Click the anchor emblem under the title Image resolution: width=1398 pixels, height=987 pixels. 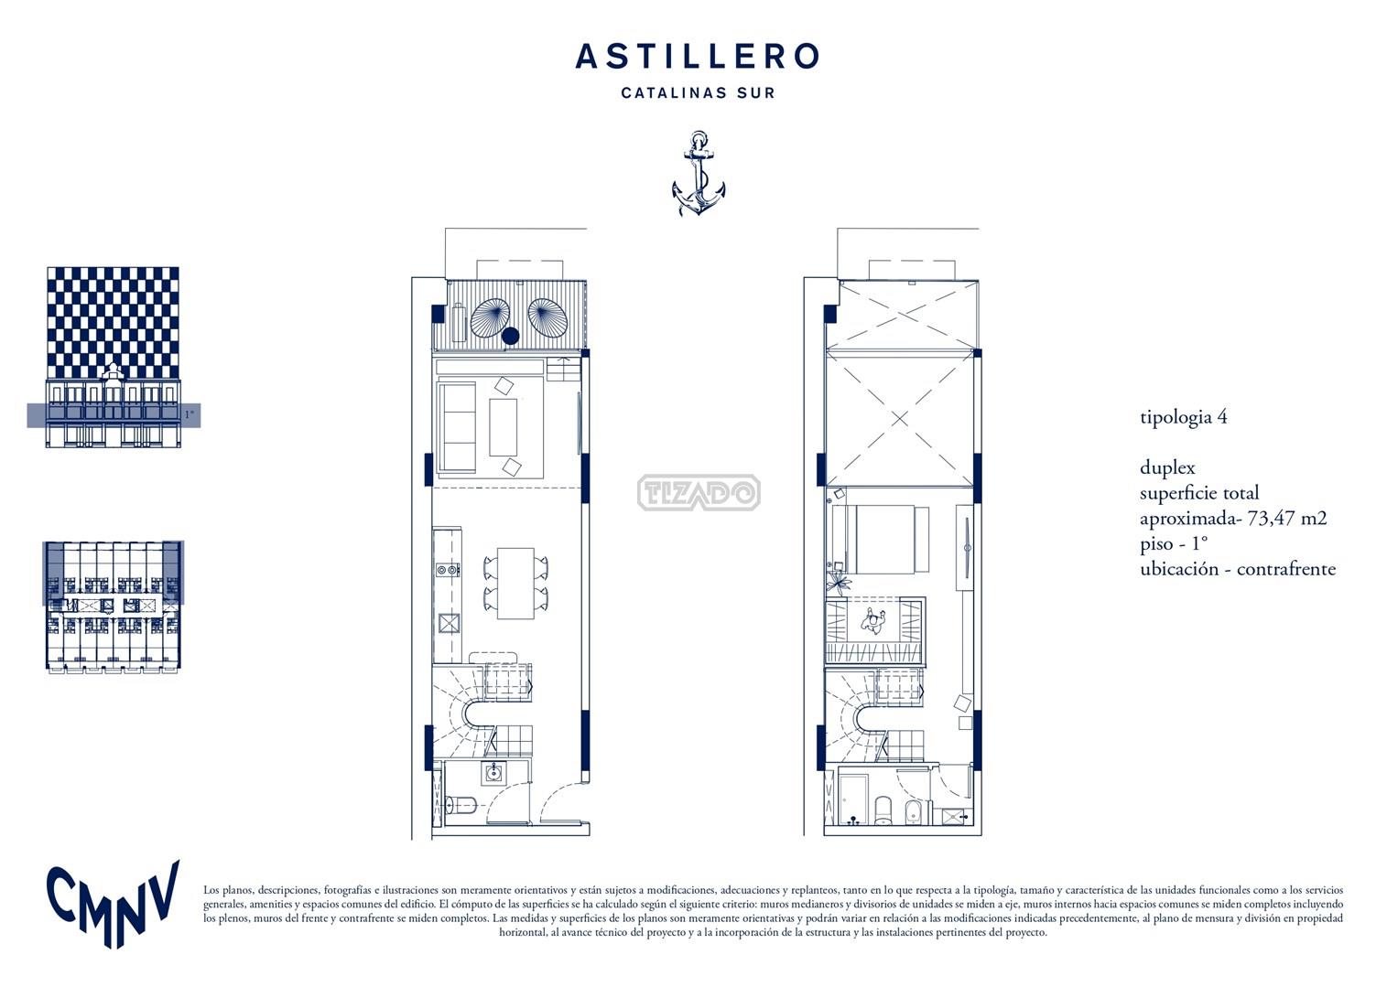click(699, 173)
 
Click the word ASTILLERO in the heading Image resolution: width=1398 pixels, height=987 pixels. click(697, 56)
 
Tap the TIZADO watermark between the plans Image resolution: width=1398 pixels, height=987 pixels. click(699, 493)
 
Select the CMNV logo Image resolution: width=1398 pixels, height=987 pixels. click(113, 904)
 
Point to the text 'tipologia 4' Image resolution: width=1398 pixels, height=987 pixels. click(1183, 417)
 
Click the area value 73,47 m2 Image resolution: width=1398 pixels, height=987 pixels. click(1287, 518)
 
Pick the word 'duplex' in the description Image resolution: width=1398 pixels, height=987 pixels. click(1167, 467)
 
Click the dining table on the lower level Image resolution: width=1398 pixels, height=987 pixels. click(515, 584)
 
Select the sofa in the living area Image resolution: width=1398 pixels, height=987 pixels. click(458, 428)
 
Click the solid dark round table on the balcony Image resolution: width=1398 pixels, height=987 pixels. click(511, 336)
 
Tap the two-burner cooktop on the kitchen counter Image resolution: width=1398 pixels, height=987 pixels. click(448, 569)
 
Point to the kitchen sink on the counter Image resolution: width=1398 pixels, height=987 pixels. click(449, 623)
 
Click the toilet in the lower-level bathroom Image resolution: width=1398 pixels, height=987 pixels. click(461, 806)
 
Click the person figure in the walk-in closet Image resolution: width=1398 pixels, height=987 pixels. click(873, 620)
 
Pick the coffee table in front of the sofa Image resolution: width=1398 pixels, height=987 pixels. click(503, 427)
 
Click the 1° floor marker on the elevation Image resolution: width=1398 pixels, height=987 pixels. click(190, 414)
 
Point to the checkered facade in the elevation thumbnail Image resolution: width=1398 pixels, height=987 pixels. click(113, 323)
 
